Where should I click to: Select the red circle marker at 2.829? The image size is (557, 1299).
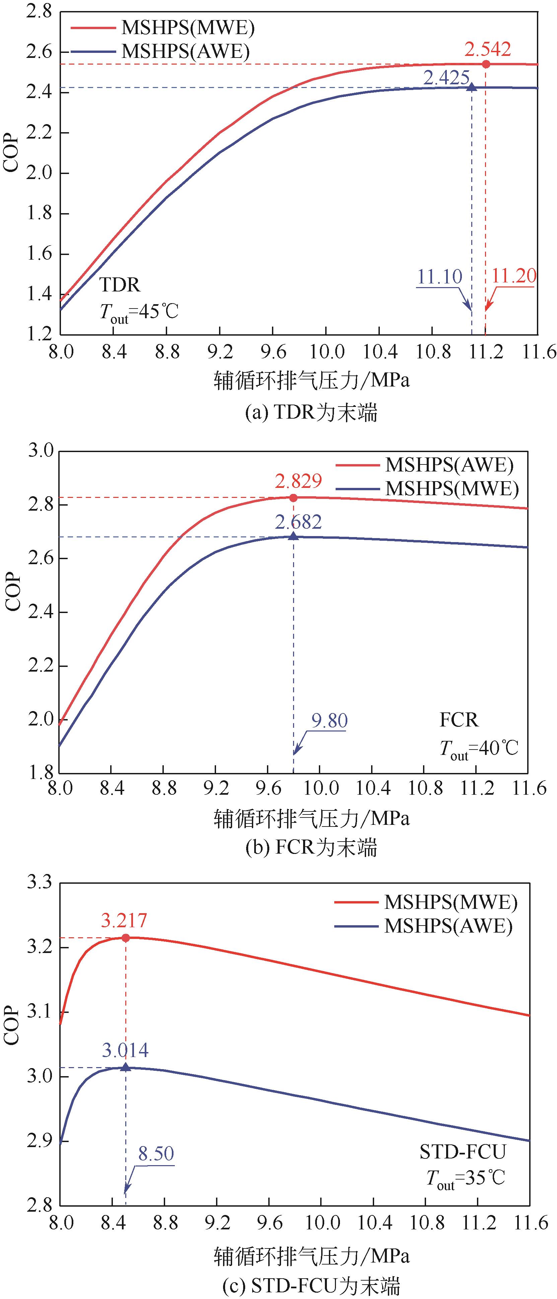pyautogui.click(x=293, y=498)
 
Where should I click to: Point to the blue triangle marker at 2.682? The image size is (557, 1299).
pyautogui.click(x=293, y=536)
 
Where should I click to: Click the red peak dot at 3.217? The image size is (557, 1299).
pyautogui.click(x=126, y=938)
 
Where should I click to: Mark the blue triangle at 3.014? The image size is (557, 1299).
pyautogui.click(x=126, y=1067)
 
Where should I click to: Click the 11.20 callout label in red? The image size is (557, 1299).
pyautogui.click(x=513, y=276)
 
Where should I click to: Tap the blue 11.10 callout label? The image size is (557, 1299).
pyautogui.click(x=439, y=276)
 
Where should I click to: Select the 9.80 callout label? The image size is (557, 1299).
pyautogui.click(x=329, y=720)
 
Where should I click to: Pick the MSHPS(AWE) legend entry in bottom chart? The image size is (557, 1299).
pyautogui.click(x=448, y=926)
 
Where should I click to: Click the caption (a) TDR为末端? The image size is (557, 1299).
pyautogui.click(x=311, y=413)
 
